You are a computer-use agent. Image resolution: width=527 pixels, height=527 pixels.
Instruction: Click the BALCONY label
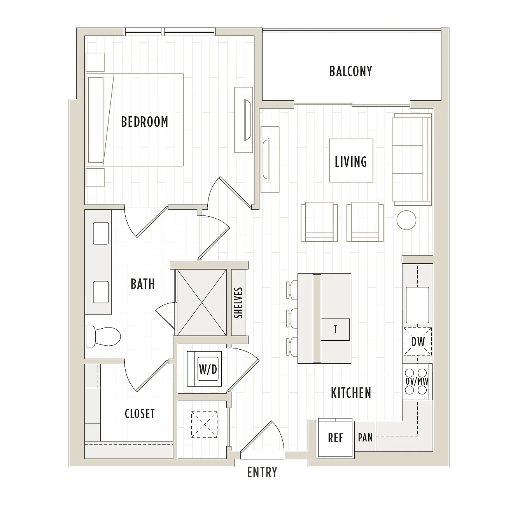pyautogui.click(x=350, y=72)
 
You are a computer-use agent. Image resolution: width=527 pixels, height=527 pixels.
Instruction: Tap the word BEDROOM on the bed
pyautogui.click(x=145, y=122)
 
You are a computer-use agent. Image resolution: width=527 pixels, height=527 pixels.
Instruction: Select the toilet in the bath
pyautogui.click(x=103, y=336)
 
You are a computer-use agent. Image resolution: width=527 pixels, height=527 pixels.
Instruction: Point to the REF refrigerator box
pyautogui.click(x=335, y=438)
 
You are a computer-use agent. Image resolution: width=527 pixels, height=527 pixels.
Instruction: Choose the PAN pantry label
pyautogui.click(x=365, y=437)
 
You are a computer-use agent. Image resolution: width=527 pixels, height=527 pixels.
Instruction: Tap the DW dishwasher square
pyautogui.click(x=418, y=341)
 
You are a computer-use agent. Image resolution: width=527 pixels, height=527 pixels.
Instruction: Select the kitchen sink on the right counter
pyautogui.click(x=417, y=305)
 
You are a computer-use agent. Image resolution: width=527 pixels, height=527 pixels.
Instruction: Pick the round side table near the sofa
pyautogui.click(x=406, y=220)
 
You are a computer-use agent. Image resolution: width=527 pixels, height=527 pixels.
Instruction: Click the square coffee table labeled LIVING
pyautogui.click(x=351, y=161)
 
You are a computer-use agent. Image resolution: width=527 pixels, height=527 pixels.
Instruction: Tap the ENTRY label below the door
pyautogui.click(x=262, y=472)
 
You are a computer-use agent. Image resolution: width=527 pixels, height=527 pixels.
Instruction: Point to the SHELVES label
pyautogui.click(x=238, y=303)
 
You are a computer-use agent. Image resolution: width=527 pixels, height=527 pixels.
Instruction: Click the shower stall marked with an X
pyautogui.click(x=202, y=303)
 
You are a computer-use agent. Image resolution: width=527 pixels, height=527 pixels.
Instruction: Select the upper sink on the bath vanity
pyautogui.click(x=101, y=233)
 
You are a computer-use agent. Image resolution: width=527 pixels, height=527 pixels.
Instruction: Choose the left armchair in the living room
pyautogui.click(x=319, y=222)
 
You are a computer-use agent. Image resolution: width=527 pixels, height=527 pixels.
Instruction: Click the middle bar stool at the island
pyautogui.click(x=292, y=318)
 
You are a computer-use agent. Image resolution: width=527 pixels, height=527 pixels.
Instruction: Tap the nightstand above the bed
pyautogui.click(x=95, y=62)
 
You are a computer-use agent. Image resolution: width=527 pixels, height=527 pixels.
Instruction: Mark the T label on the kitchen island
pyautogui.click(x=335, y=329)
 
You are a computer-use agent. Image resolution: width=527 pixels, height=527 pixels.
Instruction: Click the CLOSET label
pyautogui.click(x=140, y=414)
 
